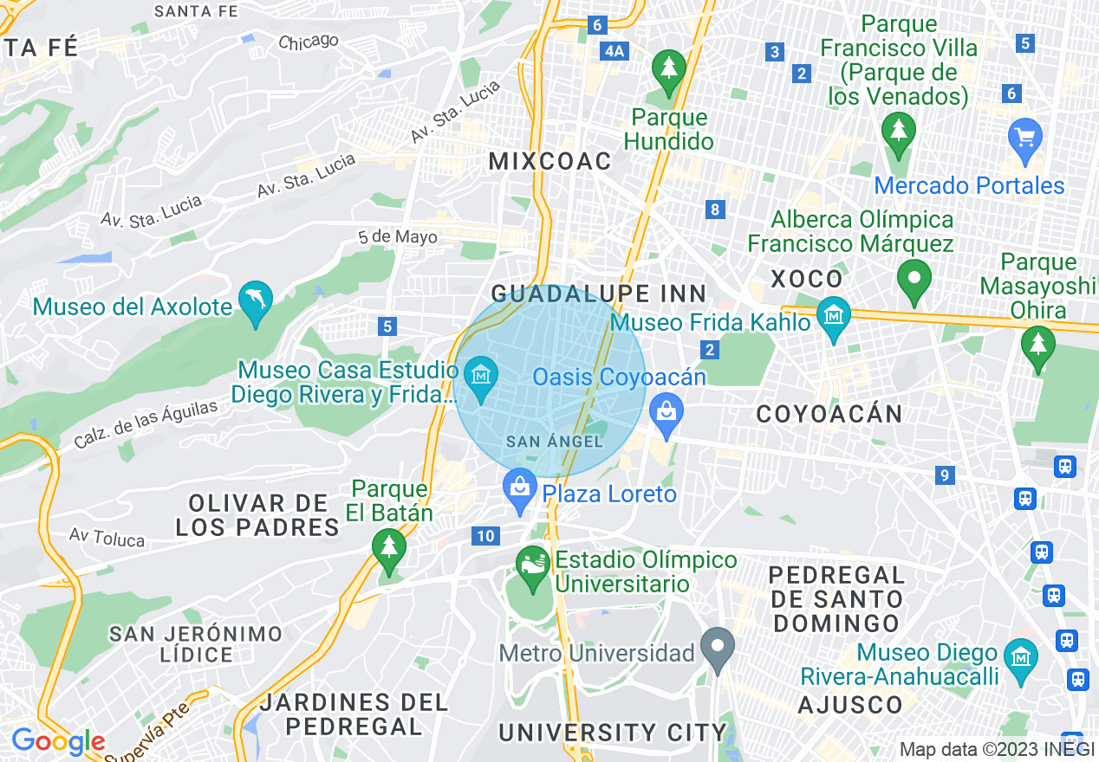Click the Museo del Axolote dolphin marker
click(x=256, y=301)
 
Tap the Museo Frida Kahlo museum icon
click(x=834, y=317)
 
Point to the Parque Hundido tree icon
click(x=668, y=68)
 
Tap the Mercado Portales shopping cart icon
click(x=1025, y=138)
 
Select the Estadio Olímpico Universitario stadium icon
click(x=532, y=565)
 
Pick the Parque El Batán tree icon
click(x=389, y=549)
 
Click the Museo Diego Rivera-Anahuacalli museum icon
click(x=1022, y=655)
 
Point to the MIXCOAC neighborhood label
click(x=550, y=161)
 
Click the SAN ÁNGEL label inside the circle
click(x=554, y=442)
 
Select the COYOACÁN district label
click(x=829, y=414)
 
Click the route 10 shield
click(x=485, y=536)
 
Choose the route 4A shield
click(x=614, y=51)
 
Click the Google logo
click(x=58, y=741)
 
